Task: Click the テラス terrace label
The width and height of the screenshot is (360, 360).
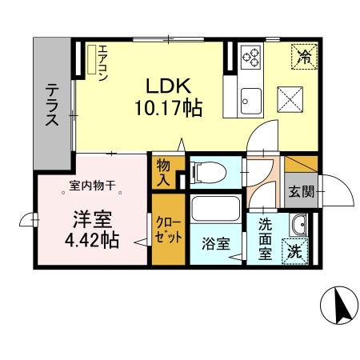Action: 50,106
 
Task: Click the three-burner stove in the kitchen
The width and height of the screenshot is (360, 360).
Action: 250,57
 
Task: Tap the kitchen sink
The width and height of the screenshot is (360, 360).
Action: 251,99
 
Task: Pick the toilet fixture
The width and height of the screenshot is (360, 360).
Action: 203,170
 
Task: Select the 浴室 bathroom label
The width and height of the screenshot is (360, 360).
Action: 210,239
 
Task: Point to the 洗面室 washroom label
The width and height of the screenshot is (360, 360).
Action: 265,237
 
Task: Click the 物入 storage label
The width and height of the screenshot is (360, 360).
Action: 163,172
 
